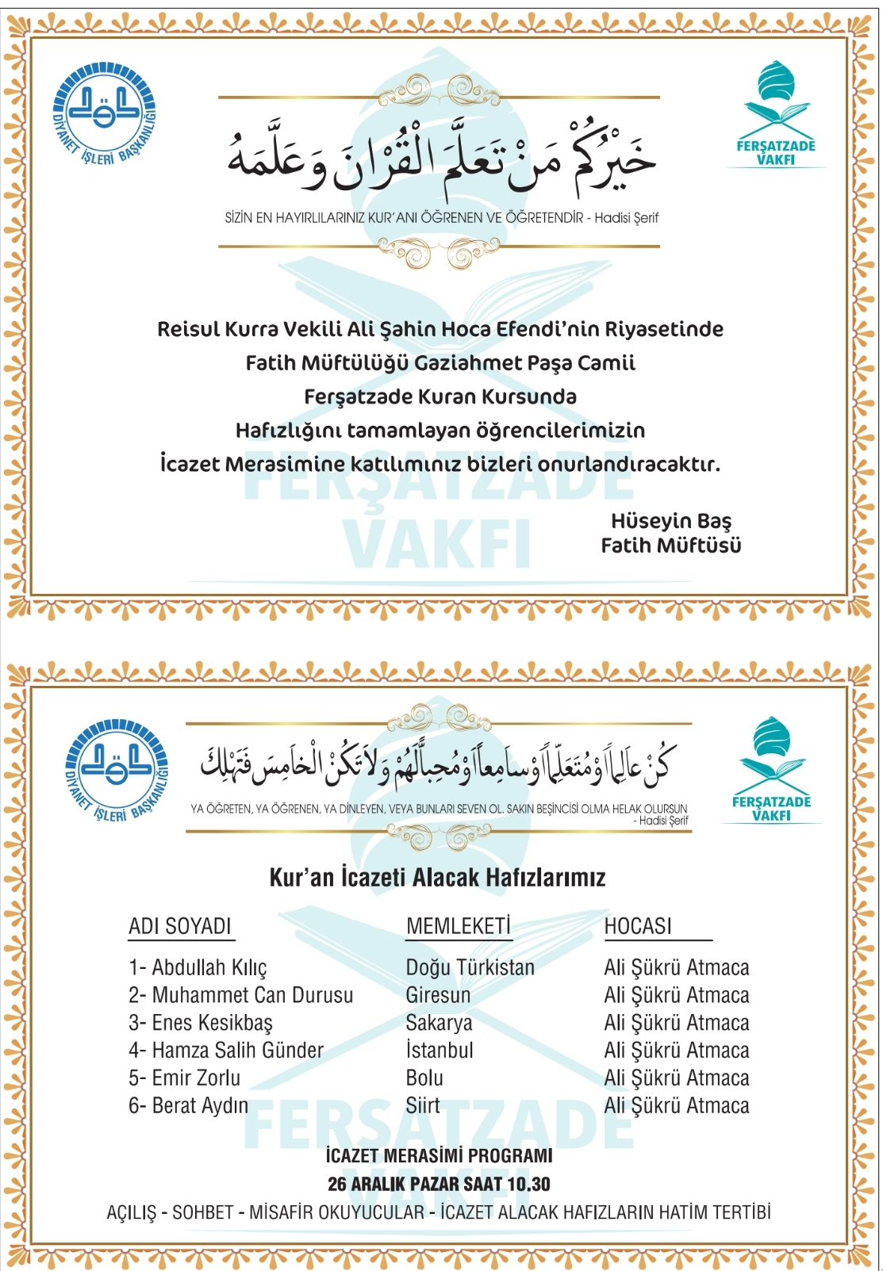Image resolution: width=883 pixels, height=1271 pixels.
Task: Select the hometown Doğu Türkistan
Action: (x=470, y=967)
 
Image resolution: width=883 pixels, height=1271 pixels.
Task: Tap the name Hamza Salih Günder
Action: (x=226, y=1051)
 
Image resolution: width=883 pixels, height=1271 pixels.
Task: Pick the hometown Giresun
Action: (x=438, y=995)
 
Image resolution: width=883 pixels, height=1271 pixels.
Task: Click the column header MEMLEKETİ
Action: (x=458, y=926)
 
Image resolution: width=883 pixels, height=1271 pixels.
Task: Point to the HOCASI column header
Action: (x=638, y=926)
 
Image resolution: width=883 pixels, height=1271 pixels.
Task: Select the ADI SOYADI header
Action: (x=180, y=926)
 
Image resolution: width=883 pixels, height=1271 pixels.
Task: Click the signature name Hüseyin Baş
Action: (x=670, y=521)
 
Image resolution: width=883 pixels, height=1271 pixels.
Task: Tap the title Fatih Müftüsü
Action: (x=670, y=546)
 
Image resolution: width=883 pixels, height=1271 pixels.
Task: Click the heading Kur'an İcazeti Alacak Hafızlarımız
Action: (x=437, y=878)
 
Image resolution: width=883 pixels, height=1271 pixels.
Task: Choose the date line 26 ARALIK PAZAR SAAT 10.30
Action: (x=439, y=1184)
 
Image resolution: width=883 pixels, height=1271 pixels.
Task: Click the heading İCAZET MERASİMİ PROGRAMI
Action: (x=439, y=1156)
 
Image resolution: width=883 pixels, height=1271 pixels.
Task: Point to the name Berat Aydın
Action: (x=189, y=1105)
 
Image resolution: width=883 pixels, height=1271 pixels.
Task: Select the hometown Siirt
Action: (x=423, y=1105)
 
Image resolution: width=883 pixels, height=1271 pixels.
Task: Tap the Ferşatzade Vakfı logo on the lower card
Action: (x=771, y=768)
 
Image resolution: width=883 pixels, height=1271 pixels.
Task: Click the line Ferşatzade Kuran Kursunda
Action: (x=440, y=396)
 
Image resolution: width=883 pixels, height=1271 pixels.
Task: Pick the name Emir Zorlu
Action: (x=185, y=1078)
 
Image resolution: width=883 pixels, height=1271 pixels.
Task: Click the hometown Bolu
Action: (x=424, y=1078)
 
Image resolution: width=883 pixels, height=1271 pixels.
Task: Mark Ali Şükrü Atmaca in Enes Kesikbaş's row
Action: (x=676, y=1023)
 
